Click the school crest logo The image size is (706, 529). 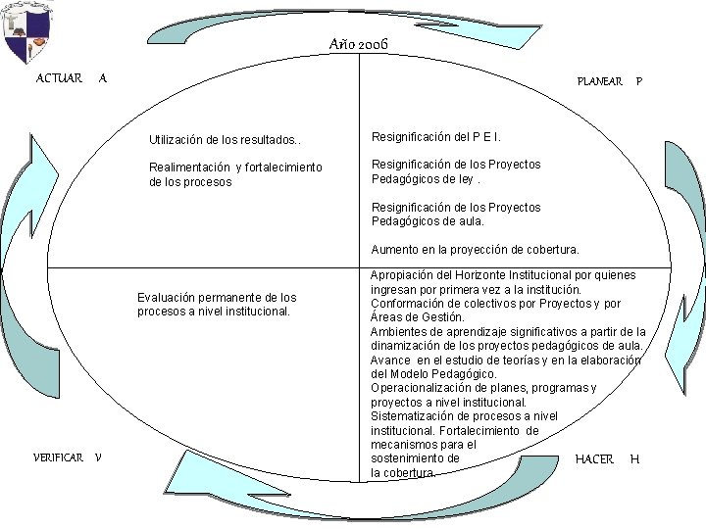tap(26, 33)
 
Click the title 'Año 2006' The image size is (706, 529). tap(360, 45)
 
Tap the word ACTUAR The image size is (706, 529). tap(59, 78)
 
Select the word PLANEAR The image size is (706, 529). tap(599, 81)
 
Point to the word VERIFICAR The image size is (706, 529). tap(58, 457)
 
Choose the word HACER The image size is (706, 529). tap(594, 458)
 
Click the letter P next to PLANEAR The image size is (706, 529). tap(639, 81)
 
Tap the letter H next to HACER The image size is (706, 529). tap(634, 458)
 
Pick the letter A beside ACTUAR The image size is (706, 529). tap(103, 78)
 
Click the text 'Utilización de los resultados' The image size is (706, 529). tap(226, 141)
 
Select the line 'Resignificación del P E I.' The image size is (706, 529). tap(438, 137)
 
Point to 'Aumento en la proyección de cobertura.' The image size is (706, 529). tap(475, 249)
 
